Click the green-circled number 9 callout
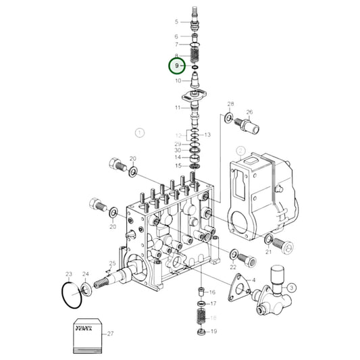pyautogui.click(x=176, y=66)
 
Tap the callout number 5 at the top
pyautogui.click(x=176, y=22)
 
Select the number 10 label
pyautogui.click(x=178, y=81)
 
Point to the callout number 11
pyautogui.click(x=177, y=108)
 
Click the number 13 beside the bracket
pyautogui.click(x=208, y=135)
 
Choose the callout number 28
pyautogui.click(x=230, y=105)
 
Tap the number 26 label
pyautogui.click(x=249, y=112)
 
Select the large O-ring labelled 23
pyautogui.click(x=70, y=294)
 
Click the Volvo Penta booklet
pyautogui.click(x=86, y=332)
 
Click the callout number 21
pyautogui.click(x=268, y=251)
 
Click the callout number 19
pyautogui.click(x=212, y=332)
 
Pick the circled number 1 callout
pyautogui.click(x=140, y=132)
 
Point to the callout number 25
pyautogui.click(x=113, y=263)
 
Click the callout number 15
pyautogui.click(x=178, y=165)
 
